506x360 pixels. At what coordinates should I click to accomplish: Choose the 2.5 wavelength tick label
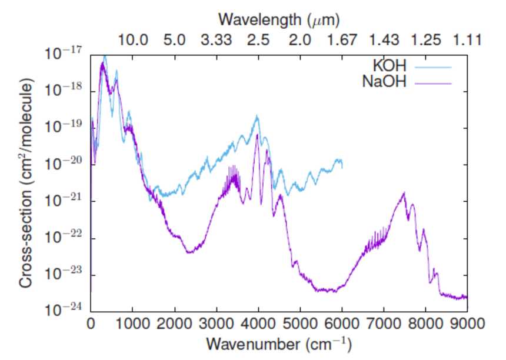pyautogui.click(x=258, y=40)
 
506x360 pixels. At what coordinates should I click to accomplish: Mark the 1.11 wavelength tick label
pyautogui.click(x=468, y=40)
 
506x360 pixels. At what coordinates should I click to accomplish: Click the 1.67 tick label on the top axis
pyautogui.click(x=342, y=40)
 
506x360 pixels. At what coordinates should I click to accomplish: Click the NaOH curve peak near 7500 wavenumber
pyautogui.click(x=404, y=193)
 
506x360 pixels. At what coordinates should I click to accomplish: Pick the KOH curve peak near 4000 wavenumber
pyautogui.click(x=257, y=116)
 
